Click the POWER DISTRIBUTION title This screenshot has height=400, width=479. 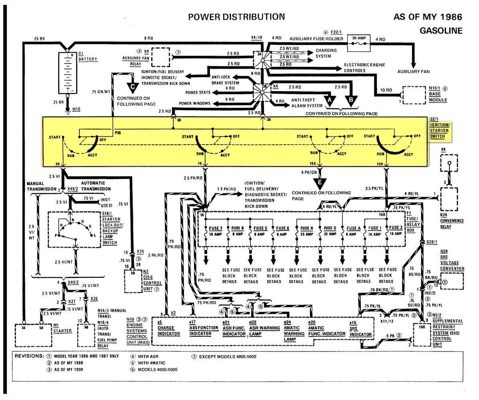(236, 17)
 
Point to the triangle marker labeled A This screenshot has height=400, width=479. (329, 98)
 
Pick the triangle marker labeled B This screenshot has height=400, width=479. (351, 98)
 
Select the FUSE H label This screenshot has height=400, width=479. (307, 228)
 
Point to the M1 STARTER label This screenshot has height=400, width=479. (63, 328)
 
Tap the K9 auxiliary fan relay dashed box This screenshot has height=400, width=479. (160, 58)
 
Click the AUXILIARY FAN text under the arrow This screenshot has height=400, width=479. (414, 72)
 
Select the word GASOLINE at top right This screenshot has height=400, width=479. (441, 31)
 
